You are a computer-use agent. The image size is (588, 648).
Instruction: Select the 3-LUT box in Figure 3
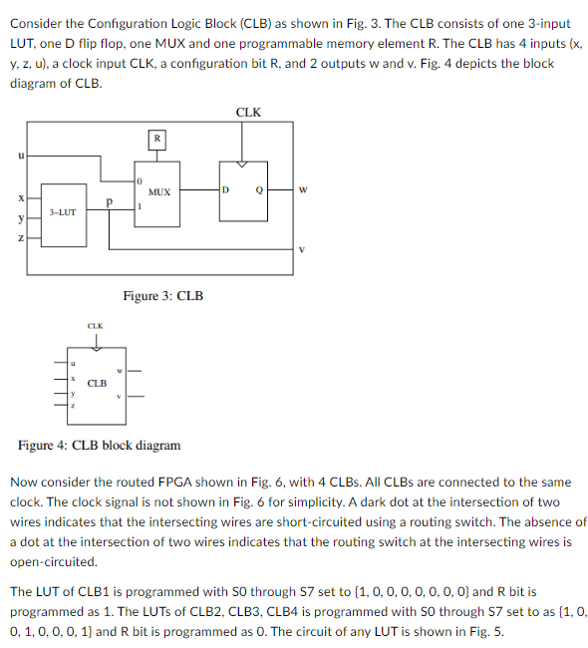[63, 212]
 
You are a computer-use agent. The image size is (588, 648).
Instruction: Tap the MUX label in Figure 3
[158, 190]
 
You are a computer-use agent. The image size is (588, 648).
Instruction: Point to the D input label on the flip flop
[226, 187]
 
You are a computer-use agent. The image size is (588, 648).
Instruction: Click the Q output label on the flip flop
[258, 187]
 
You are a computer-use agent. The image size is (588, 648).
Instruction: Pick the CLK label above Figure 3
[248, 112]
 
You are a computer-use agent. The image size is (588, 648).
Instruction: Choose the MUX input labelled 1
[141, 207]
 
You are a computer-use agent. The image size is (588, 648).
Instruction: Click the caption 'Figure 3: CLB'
[162, 296]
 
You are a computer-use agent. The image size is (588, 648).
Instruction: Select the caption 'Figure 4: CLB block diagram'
[100, 445]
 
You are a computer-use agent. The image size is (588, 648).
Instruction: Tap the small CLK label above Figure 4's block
[95, 326]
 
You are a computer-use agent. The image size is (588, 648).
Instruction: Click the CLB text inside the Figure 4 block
[97, 383]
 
